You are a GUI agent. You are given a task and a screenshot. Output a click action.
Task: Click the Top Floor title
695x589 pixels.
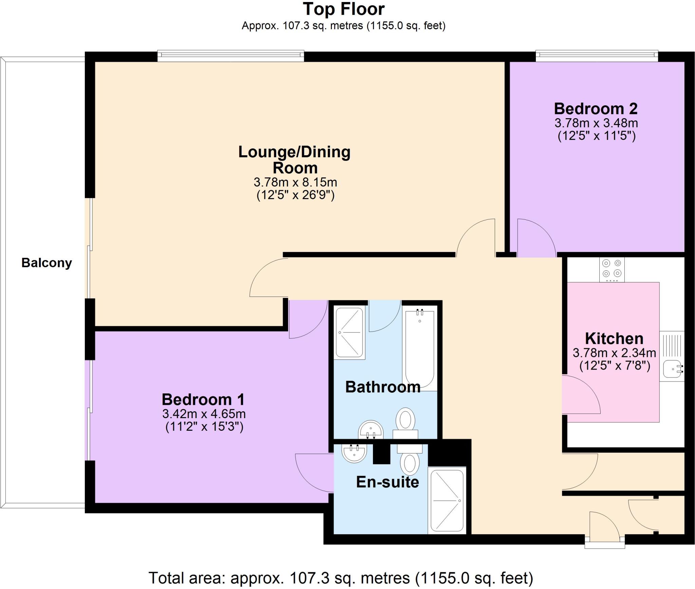coord(343,10)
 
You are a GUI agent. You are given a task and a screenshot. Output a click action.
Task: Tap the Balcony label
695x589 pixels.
coord(46,263)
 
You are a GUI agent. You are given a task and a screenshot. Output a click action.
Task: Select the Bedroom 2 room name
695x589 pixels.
coord(596,109)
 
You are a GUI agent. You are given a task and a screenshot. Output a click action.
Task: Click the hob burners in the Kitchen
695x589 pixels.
coord(612,268)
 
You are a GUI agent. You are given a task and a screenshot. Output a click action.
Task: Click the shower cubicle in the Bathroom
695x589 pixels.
coord(350,333)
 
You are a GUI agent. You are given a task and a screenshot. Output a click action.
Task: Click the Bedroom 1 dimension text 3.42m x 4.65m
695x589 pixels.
coord(204,414)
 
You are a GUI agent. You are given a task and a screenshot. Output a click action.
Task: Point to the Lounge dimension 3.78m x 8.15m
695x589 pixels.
coord(295,182)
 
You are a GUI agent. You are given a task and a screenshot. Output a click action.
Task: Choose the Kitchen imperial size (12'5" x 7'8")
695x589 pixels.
coord(614,366)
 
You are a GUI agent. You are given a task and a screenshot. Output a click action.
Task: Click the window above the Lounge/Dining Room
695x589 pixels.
coord(230,56)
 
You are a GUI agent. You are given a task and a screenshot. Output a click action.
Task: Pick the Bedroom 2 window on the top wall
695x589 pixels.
coord(597,56)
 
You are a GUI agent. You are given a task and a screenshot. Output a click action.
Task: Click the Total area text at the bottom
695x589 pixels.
coord(340,578)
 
